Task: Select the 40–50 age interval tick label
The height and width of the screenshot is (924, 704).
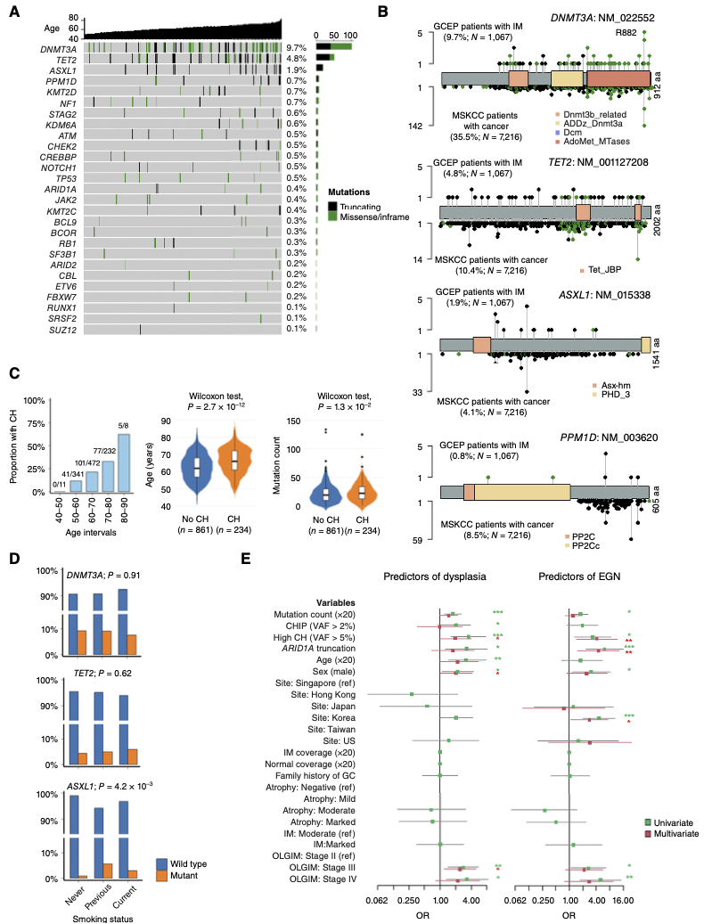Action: click(x=60, y=506)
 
